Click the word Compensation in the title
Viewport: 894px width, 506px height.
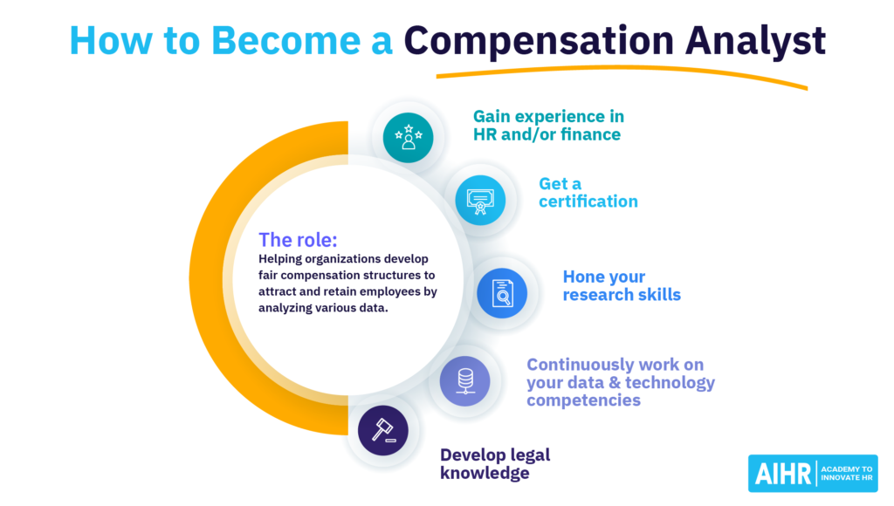[539, 42]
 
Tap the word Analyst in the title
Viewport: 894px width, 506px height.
[755, 42]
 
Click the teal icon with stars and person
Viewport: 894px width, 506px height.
[409, 138]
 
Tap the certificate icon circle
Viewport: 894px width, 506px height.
[480, 200]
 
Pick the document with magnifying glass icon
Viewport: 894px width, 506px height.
[502, 293]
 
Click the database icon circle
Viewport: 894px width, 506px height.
[464, 380]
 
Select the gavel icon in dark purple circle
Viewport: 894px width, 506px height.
[383, 430]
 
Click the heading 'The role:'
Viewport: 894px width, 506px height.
[298, 240]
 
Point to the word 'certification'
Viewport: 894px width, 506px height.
[588, 202]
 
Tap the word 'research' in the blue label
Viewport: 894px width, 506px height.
[597, 295]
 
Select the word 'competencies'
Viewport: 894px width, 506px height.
[583, 400]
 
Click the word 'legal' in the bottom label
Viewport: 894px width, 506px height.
[530, 455]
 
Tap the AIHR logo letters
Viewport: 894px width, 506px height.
[783, 474]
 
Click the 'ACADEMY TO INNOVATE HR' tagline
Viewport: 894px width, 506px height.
[847, 474]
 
